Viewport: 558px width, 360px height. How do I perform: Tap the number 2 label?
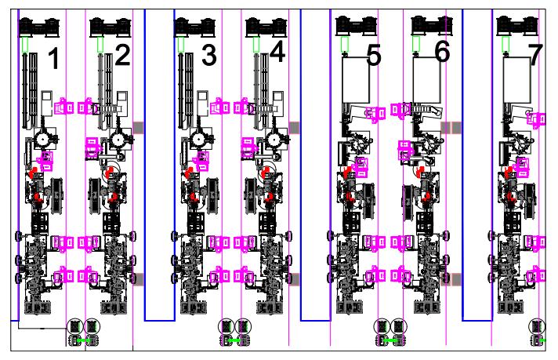click(x=122, y=55)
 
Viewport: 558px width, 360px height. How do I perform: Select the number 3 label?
click(x=208, y=56)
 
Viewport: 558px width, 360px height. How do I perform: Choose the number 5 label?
click(x=373, y=56)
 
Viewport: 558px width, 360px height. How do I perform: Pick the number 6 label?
click(x=442, y=53)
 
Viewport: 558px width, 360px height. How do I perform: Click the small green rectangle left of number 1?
click(x=26, y=45)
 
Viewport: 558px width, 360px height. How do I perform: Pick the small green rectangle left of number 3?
click(x=181, y=45)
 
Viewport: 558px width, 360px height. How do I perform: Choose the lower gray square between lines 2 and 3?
click(x=139, y=279)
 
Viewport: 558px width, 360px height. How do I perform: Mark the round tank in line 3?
click(x=194, y=140)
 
